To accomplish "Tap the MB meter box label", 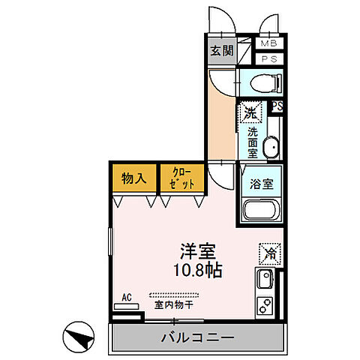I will point(268,43).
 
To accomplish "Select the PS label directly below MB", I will point(268,58).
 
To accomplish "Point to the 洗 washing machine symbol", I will point(250,113).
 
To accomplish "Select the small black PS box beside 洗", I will point(277,106).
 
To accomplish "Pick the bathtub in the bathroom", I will point(260,211).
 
